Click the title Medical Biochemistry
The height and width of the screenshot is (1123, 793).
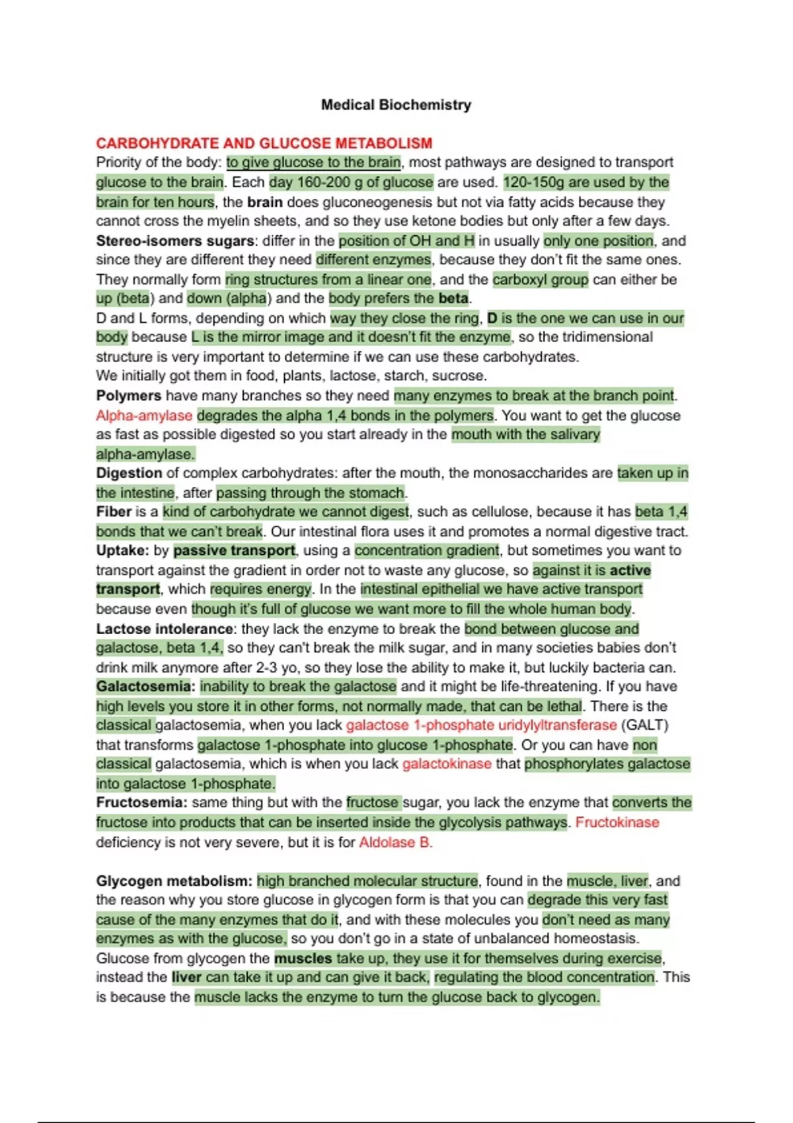(x=396, y=104)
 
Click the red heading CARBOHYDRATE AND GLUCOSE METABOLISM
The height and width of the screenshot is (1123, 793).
(x=264, y=143)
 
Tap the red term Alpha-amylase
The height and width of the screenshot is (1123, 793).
(x=144, y=416)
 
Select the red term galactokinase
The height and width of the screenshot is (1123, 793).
(x=447, y=764)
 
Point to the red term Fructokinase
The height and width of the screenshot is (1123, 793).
(x=617, y=822)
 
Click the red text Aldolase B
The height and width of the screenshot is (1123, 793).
(x=395, y=842)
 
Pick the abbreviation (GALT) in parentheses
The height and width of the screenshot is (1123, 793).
(x=644, y=725)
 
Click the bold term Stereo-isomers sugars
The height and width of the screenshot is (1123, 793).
(x=174, y=240)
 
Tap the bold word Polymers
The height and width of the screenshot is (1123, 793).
(x=128, y=396)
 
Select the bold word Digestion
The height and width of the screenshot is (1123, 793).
(x=129, y=473)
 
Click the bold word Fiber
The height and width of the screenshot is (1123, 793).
(x=114, y=511)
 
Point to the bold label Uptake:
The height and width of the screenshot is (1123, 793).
(x=122, y=550)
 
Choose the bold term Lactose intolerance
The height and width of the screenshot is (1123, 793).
(x=165, y=628)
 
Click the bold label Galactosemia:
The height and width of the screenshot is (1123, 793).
(x=145, y=686)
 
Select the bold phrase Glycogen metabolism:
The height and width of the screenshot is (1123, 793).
(x=174, y=881)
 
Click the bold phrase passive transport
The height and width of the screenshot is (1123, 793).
(x=234, y=550)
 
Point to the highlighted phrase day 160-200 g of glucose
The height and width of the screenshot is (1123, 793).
(x=351, y=182)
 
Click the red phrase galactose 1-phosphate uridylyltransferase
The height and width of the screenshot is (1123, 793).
(x=481, y=725)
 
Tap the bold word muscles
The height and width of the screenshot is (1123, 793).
(x=303, y=958)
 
